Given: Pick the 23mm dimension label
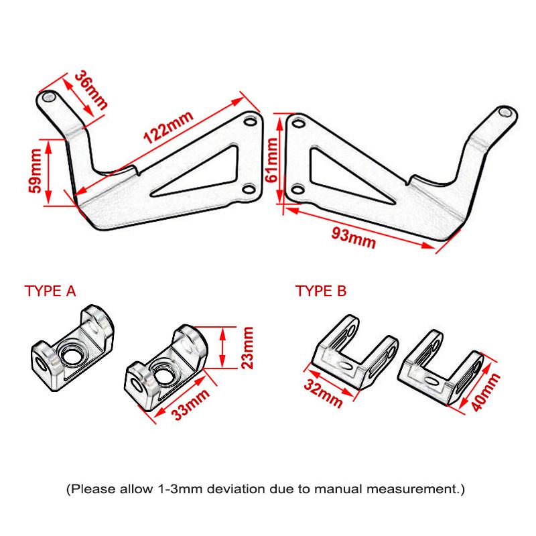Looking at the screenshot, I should pyautogui.click(x=247, y=347).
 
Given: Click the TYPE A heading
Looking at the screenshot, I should pyautogui.click(x=50, y=291).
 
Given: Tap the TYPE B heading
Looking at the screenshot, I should pyautogui.click(x=322, y=291).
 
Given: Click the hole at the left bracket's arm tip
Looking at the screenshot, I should pyautogui.click(x=49, y=97).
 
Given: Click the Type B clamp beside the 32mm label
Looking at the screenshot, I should pyautogui.click(x=352, y=353).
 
